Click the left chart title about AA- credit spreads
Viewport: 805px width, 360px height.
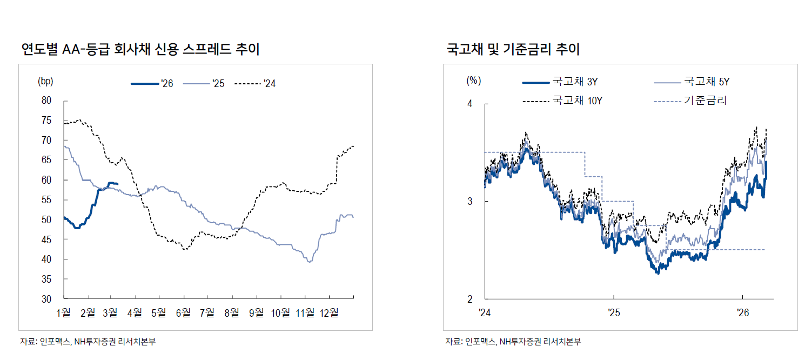pyautogui.click(x=140, y=50)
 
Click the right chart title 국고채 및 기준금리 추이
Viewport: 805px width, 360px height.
pyautogui.click(x=513, y=50)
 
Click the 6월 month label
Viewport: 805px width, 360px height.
pyautogui.click(x=184, y=312)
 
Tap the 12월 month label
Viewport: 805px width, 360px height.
pyautogui.click(x=329, y=312)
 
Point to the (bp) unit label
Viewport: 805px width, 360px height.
pyautogui.click(x=45, y=81)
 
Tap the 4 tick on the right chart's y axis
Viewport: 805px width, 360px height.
pyautogui.click(x=469, y=104)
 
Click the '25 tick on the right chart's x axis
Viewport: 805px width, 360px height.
pyautogui.click(x=614, y=312)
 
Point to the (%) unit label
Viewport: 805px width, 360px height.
pyautogui.click(x=473, y=81)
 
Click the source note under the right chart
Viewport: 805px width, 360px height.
pyautogui.click(x=513, y=342)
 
